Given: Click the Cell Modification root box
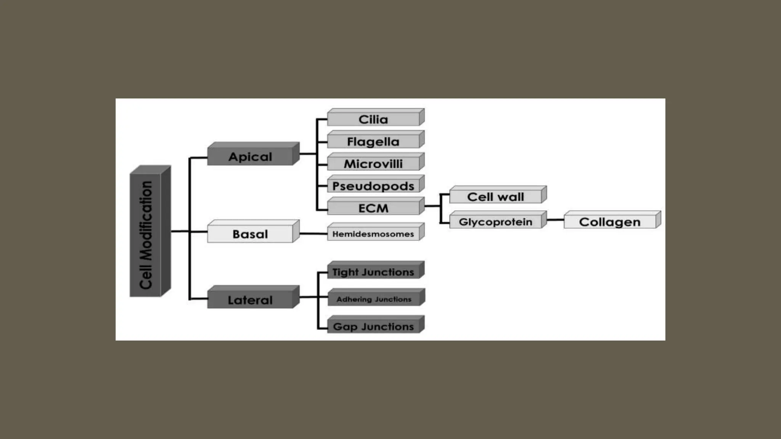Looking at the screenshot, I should pos(146,234).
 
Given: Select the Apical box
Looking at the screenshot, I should pos(251,157).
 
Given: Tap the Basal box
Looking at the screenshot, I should pos(251,234).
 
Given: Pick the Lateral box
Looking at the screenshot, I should pos(251,300).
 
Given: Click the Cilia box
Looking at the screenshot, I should pos(373,119).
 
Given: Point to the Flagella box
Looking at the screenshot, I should pos(373,141).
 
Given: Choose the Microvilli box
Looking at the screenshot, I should pos(373,163).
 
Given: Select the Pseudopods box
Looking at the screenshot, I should pos(373,186).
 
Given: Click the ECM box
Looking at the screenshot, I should pos(373,208).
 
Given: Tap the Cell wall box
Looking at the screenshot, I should pos(495,197).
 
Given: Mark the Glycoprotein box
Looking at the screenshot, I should pos(495,222).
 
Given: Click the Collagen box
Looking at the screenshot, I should pos(610,222).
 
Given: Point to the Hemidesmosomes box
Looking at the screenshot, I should pos(373,234).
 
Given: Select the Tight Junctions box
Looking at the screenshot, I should pos(373,272).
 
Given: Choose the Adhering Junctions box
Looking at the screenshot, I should pos(374,299).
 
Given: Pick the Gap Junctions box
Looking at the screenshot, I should pos(373,327).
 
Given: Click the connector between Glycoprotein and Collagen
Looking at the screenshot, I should pos(555,220).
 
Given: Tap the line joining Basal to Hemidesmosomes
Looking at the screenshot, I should pos(313,233).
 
